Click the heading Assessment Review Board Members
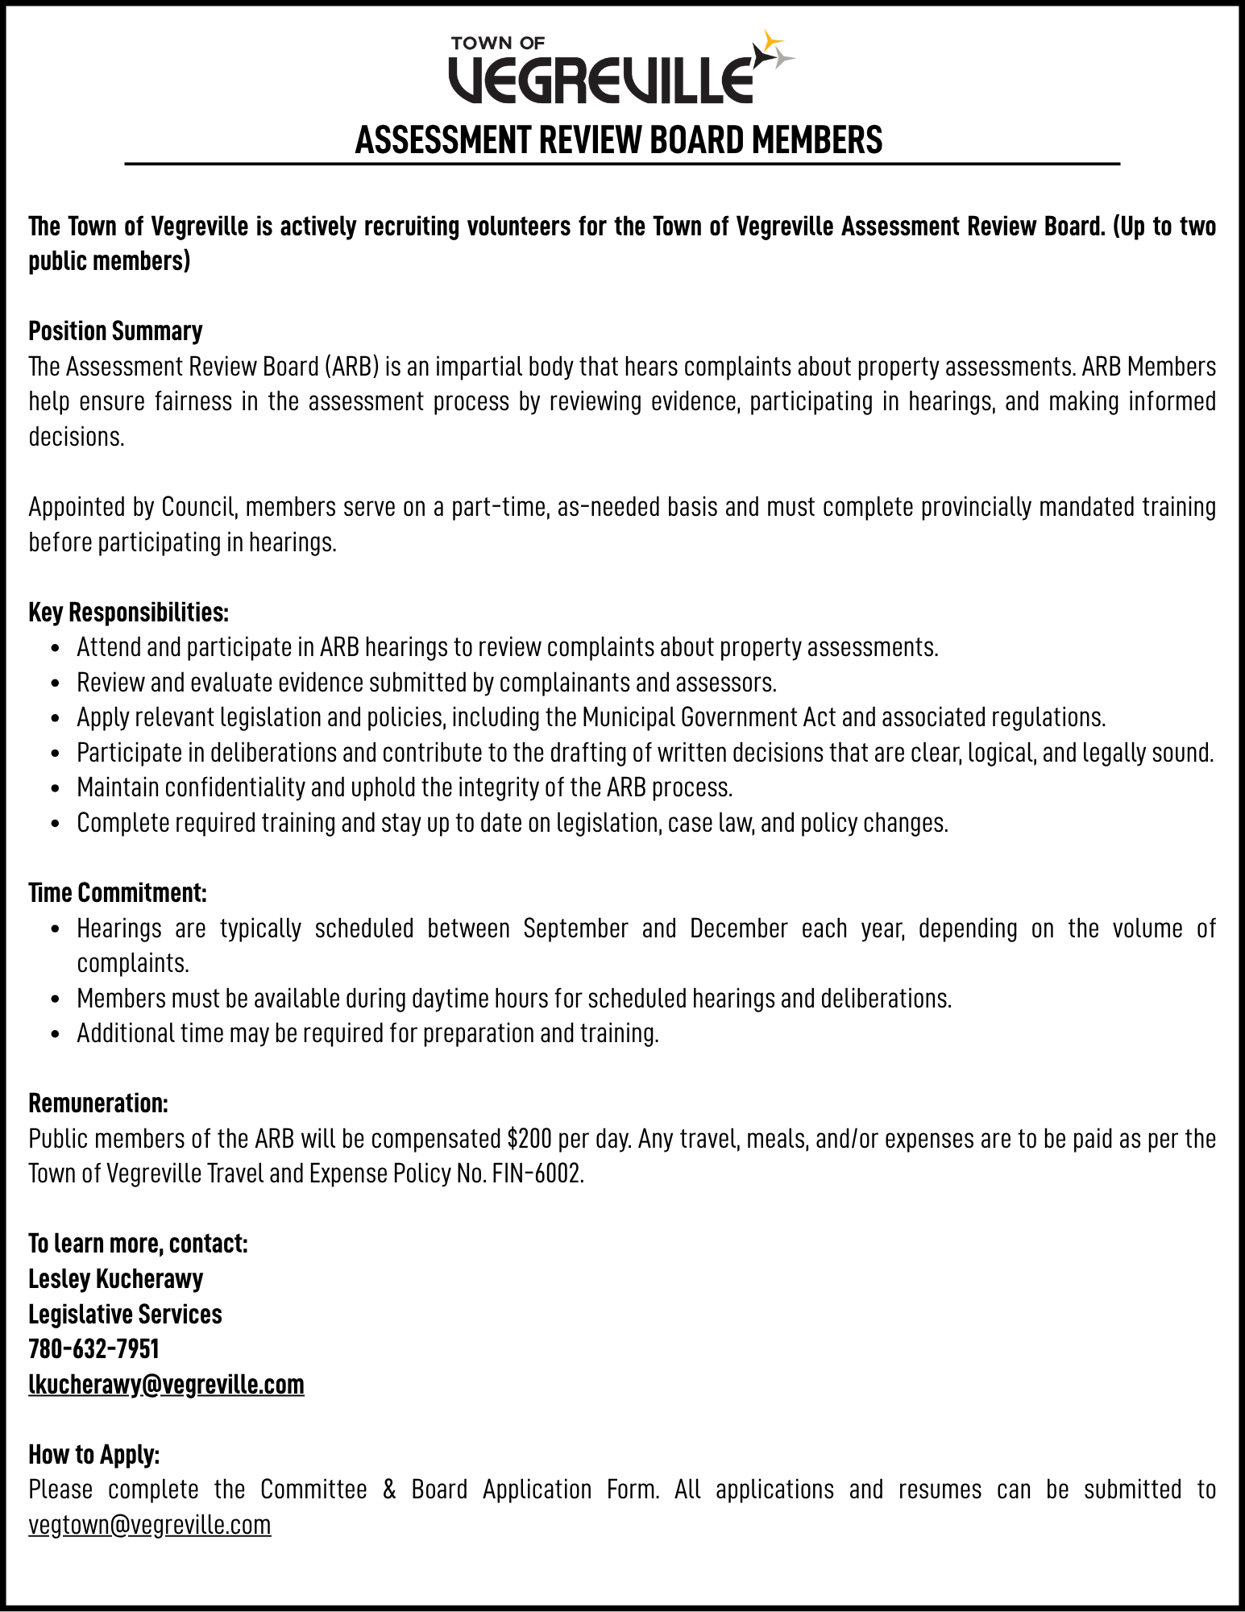tap(619, 140)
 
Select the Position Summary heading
tap(115, 331)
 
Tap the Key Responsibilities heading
tap(129, 613)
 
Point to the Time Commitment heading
tap(118, 893)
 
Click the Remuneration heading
tap(98, 1103)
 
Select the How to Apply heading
tap(94, 1454)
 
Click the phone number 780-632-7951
tap(93, 1348)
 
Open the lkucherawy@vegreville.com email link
tap(166, 1384)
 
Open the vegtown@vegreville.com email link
tap(150, 1524)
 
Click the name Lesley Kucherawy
tap(115, 1278)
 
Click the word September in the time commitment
tap(575, 928)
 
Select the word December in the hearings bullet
tap(738, 928)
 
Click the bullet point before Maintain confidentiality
tap(55, 788)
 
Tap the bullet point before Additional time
tap(55, 1034)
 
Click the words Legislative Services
tap(125, 1314)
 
